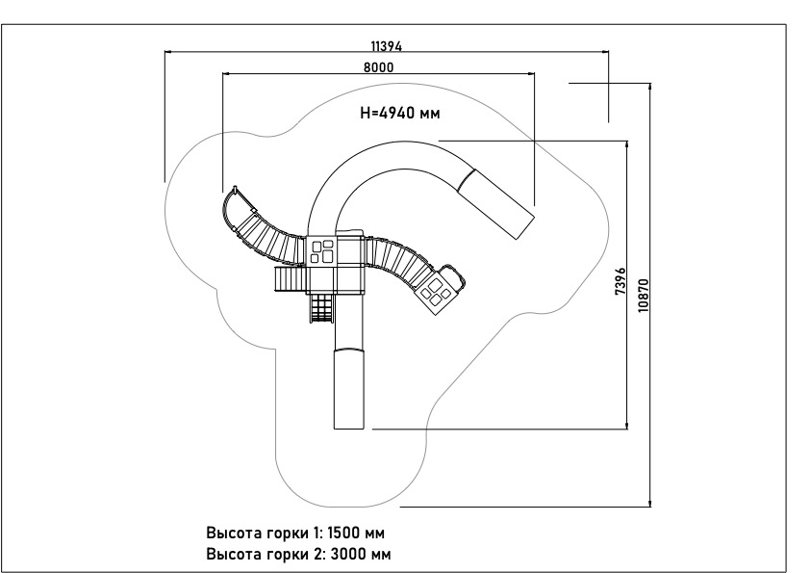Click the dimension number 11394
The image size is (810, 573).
386,45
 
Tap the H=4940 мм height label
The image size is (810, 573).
399,113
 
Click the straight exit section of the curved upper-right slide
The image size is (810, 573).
499,201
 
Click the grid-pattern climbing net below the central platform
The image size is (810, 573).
321,308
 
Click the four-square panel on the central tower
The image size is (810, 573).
322,251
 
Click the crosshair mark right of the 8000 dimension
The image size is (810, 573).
607,85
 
